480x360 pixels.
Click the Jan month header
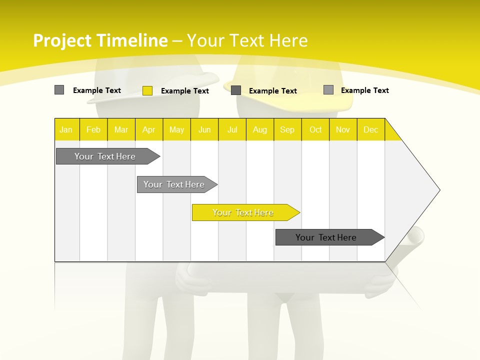tap(66, 129)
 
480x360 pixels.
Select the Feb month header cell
tap(93, 129)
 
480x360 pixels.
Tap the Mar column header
tap(121, 129)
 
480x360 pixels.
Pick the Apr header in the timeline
tap(149, 129)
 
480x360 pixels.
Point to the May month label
tap(176, 129)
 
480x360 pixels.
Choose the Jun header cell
tap(204, 129)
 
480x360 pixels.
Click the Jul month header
tap(232, 129)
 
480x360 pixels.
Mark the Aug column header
tap(260, 129)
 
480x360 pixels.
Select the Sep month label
tap(287, 129)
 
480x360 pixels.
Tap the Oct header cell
tap(315, 129)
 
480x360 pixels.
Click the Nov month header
tap(343, 129)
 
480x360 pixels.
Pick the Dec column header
tap(371, 129)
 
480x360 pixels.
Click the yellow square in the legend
tap(147, 90)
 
